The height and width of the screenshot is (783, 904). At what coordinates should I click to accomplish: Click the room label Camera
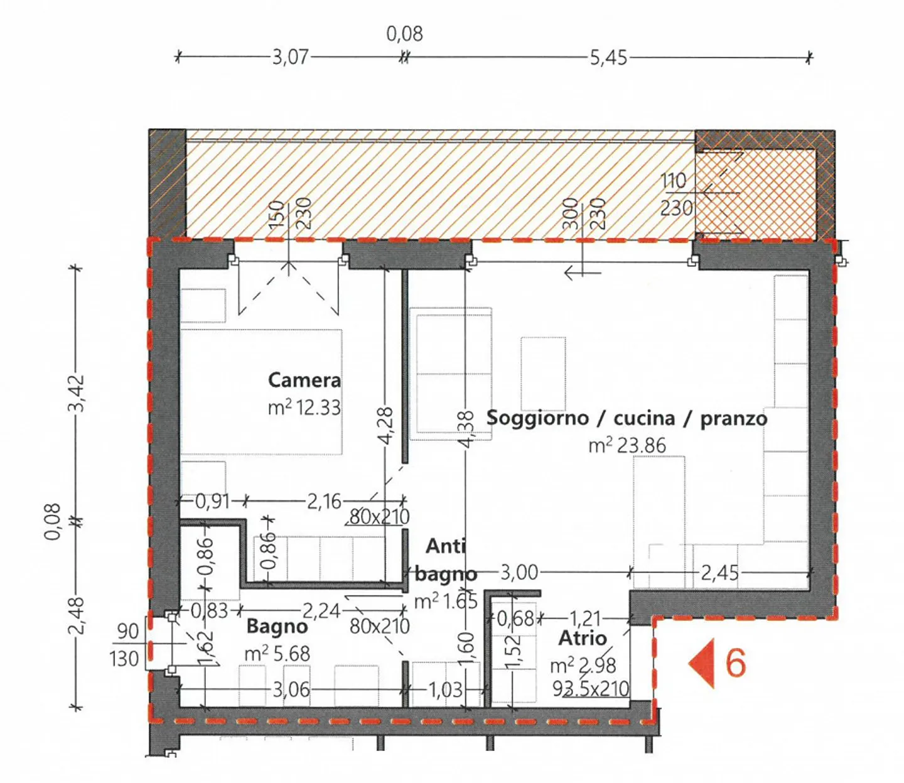click(304, 380)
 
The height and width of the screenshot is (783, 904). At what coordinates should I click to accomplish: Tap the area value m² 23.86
click(627, 445)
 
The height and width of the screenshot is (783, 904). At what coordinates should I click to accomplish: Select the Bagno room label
click(277, 626)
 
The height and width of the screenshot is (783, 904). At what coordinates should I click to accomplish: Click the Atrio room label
click(583, 638)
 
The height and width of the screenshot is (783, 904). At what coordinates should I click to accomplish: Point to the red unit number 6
click(736, 662)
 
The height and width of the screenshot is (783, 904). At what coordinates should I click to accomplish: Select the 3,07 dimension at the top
click(290, 57)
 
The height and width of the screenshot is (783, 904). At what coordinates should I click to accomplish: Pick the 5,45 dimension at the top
click(608, 57)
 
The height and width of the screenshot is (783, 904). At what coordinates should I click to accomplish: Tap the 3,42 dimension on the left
click(76, 393)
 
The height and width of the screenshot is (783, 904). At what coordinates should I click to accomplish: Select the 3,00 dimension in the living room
click(519, 572)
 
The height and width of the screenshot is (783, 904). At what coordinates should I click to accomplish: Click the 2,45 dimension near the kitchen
click(719, 572)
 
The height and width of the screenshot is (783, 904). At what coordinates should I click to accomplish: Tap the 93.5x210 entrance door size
click(590, 689)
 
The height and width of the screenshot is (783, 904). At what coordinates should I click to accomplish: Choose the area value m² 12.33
click(304, 408)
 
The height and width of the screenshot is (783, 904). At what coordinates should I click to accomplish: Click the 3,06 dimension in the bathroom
click(291, 689)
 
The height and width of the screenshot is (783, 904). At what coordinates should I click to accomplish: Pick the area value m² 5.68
click(277, 654)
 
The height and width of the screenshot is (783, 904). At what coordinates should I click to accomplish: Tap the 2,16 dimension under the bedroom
click(324, 501)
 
